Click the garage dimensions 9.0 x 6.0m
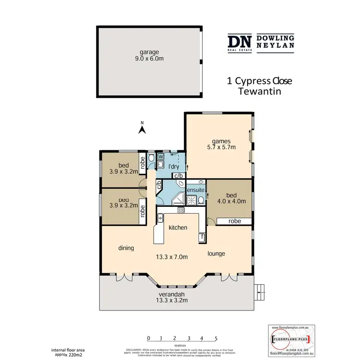(x=149, y=60)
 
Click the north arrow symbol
(x=142, y=129)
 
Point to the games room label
(x=221, y=141)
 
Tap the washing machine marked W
(x=161, y=156)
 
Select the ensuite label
(x=195, y=190)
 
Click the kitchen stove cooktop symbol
(x=181, y=210)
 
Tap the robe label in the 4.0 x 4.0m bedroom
(x=235, y=221)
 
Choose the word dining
(x=126, y=248)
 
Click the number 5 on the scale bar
(x=216, y=337)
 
